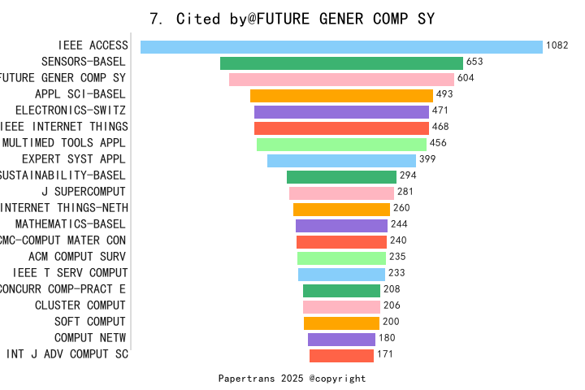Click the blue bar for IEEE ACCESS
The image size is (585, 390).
coord(341,47)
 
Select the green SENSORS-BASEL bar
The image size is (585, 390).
coord(341,63)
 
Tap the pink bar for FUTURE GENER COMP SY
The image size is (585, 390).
coord(341,80)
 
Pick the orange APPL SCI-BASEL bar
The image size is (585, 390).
coord(341,96)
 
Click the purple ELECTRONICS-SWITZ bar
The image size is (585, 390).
coord(341,112)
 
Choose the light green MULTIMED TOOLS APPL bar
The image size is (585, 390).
coord(341,145)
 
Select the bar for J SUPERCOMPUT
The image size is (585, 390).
coord(341,193)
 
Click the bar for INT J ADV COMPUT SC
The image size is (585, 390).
coord(341,355)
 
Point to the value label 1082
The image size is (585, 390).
coord(557,45)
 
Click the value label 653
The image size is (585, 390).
coord(474,62)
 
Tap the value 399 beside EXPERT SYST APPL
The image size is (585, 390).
coord(427,159)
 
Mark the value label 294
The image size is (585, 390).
coord(408,175)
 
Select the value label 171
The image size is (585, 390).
coord(385,354)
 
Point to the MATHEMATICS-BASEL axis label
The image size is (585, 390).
coord(71,224)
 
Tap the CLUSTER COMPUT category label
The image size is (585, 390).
coord(80,305)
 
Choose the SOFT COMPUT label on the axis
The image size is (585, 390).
coord(90,322)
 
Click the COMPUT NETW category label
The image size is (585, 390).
coord(90,338)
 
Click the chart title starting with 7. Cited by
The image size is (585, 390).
coord(292,18)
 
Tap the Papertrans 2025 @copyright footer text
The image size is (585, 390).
coord(292,379)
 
